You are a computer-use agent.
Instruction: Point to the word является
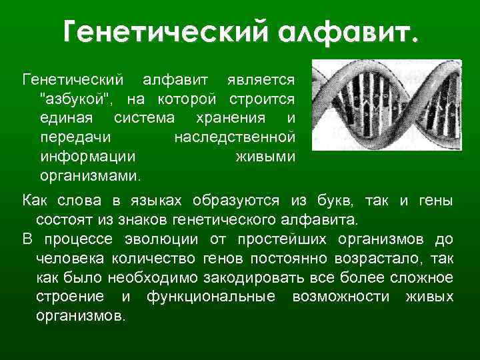[x=259, y=81]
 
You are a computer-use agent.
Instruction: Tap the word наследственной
[x=234, y=138]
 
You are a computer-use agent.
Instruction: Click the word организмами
[x=90, y=177]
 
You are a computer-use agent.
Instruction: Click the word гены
[x=435, y=201]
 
